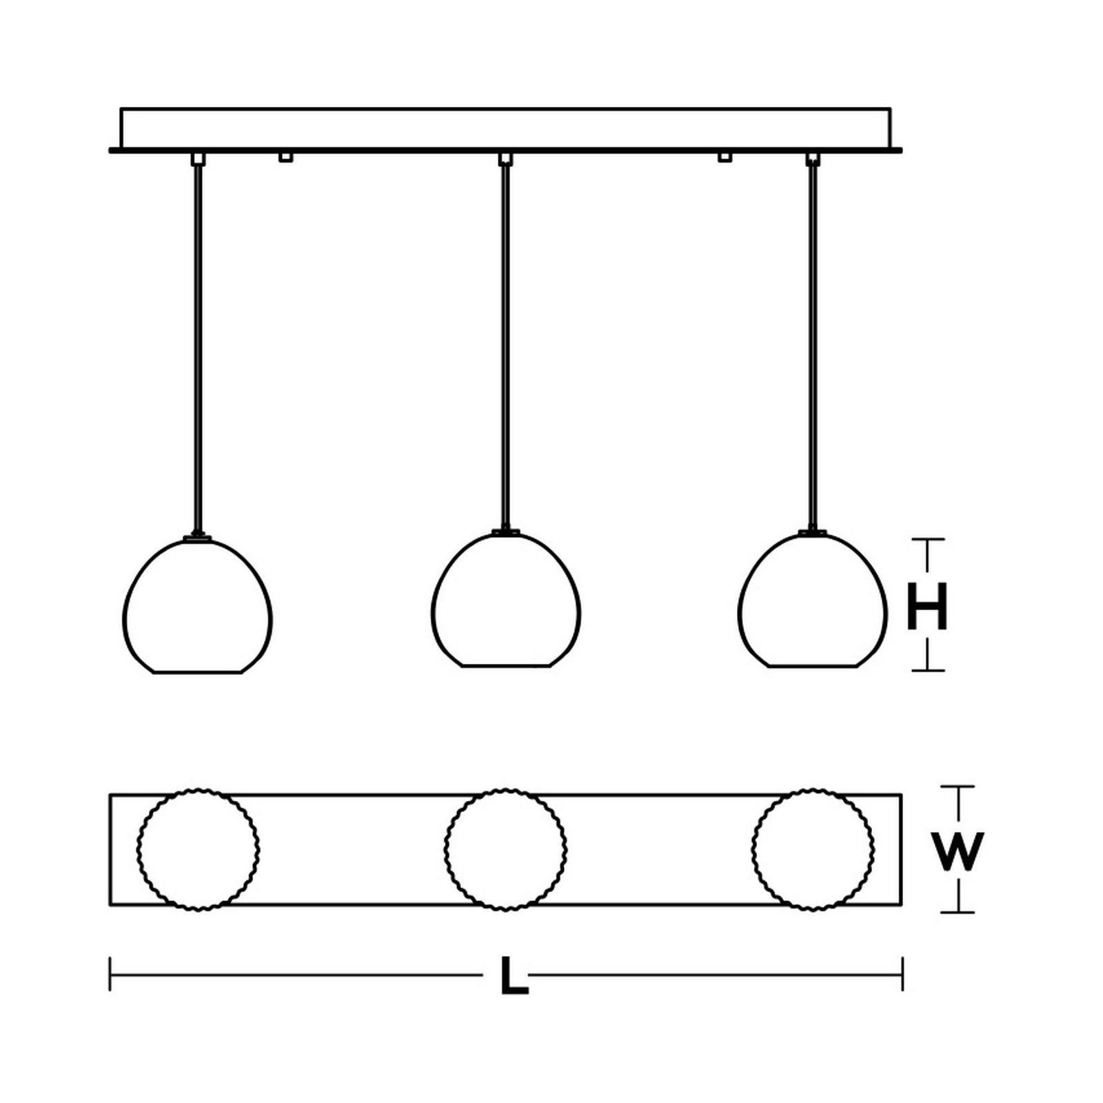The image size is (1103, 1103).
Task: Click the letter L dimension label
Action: [x=514, y=975]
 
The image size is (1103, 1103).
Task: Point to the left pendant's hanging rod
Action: [x=198, y=348]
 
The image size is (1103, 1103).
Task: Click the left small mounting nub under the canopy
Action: [x=285, y=157]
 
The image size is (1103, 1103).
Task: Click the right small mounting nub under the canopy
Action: [x=725, y=157]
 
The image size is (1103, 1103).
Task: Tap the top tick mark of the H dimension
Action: [x=927, y=540]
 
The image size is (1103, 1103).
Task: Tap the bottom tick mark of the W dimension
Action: [x=958, y=912]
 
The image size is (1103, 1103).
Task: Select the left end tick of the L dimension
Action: [x=110, y=974]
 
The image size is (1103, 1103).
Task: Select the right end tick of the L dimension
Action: [x=902, y=974]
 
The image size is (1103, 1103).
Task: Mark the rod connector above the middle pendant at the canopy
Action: [x=506, y=159]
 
